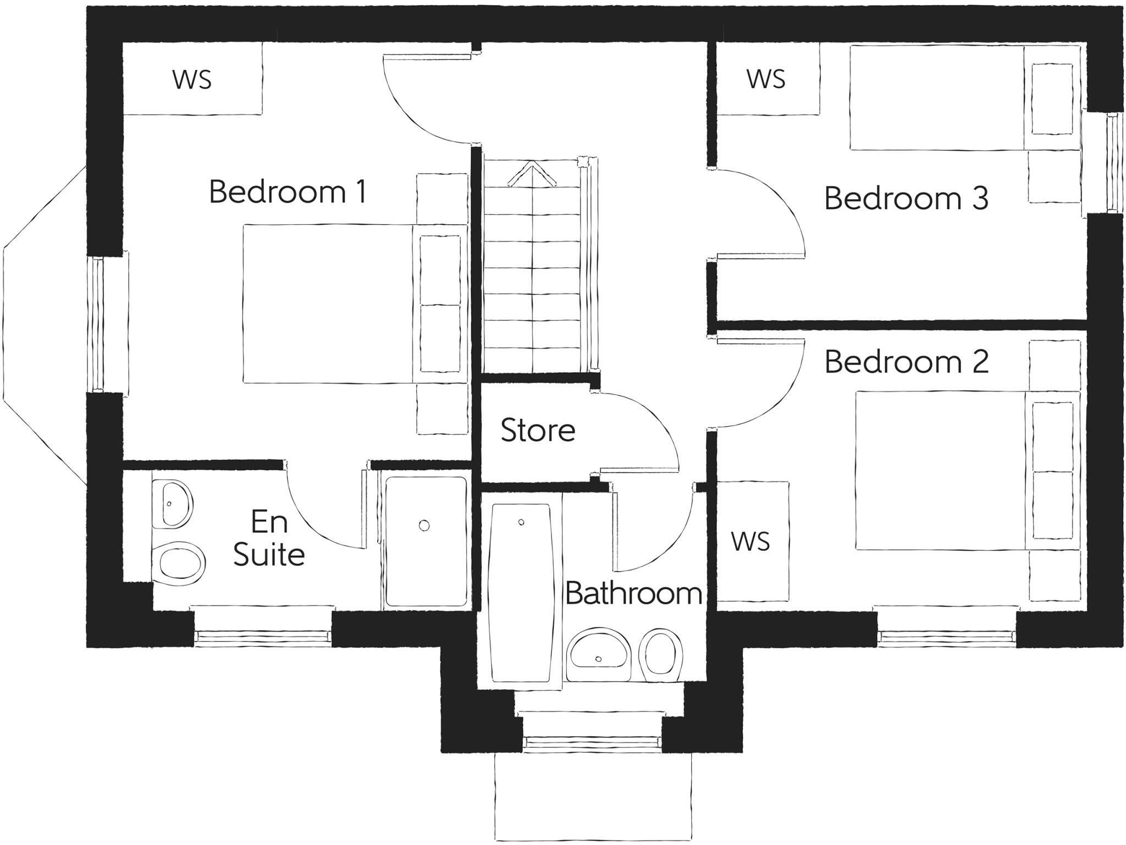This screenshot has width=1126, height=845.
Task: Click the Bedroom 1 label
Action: (x=287, y=192)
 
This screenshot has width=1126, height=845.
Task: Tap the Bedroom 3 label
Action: (x=906, y=198)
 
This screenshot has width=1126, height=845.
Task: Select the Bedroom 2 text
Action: (x=906, y=362)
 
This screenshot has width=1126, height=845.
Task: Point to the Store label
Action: (x=538, y=430)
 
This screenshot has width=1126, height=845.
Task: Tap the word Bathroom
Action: (x=633, y=593)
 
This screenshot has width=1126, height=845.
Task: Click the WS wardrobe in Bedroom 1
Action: (x=192, y=80)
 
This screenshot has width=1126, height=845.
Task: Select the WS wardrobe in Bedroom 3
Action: (x=766, y=80)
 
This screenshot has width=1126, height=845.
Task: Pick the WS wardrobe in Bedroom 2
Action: (x=751, y=542)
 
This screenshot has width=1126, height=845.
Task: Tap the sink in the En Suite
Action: (x=173, y=504)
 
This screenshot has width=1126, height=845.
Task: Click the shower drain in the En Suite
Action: (x=424, y=526)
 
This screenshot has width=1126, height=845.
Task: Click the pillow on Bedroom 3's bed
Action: (x=1052, y=98)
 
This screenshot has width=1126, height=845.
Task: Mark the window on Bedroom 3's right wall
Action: (x=1113, y=163)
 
